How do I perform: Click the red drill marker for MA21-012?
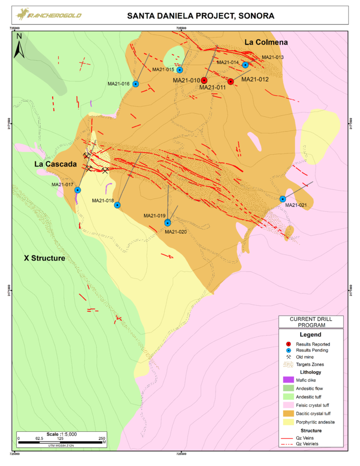click(x=231, y=81)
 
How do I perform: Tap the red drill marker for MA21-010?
click(x=204, y=80)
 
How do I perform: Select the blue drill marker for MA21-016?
click(x=136, y=84)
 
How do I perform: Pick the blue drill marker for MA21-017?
click(x=78, y=190)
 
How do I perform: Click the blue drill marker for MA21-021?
click(x=283, y=199)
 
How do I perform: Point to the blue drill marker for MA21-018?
click(x=117, y=205)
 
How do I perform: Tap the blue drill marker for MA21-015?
click(x=180, y=70)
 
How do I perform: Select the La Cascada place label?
click(x=54, y=164)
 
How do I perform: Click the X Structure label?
click(x=44, y=258)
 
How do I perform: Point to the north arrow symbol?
click(x=19, y=46)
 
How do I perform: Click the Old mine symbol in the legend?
click(x=288, y=357)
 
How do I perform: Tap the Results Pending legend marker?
click(x=288, y=350)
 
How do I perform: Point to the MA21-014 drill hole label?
click(x=228, y=62)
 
